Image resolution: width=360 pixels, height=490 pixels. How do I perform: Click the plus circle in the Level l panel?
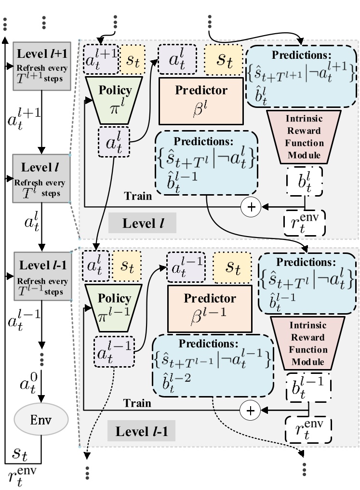coord(251,207)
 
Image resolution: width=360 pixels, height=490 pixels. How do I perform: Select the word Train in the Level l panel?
coord(138,196)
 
